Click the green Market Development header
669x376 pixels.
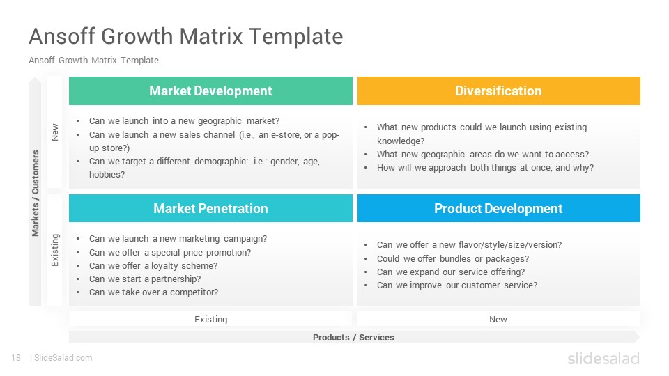tap(210, 91)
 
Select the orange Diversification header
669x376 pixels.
tap(499, 91)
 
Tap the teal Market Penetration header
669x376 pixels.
tap(210, 208)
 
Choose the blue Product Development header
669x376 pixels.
tap(499, 208)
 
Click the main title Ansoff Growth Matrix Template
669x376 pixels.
tap(186, 36)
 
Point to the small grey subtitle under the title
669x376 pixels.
tap(93, 60)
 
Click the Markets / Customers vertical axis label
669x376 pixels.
tap(35, 193)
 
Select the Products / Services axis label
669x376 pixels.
tap(353, 337)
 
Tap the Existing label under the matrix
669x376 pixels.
tap(210, 320)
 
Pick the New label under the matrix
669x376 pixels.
tap(498, 320)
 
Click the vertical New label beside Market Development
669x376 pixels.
tap(54, 132)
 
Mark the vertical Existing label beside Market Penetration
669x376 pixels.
tap(55, 250)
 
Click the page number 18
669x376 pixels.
tap(16, 358)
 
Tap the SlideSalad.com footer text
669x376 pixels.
tap(63, 358)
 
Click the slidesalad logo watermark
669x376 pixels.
tap(603, 358)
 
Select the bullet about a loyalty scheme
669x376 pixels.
tap(153, 265)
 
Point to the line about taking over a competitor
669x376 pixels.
tap(153, 292)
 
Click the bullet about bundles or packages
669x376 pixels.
tap(453, 258)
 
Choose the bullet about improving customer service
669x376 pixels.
tap(457, 285)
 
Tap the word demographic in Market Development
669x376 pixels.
tap(222, 161)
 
